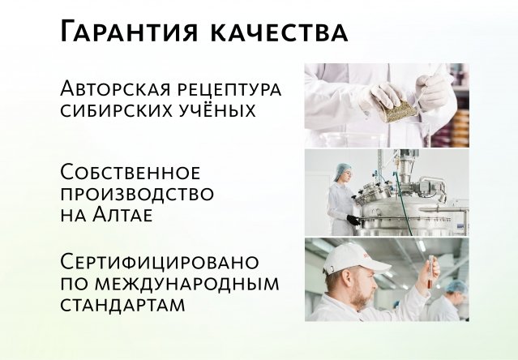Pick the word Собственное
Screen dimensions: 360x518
pyautogui.click(x=130, y=174)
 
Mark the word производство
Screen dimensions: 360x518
pyautogui.click(x=137, y=195)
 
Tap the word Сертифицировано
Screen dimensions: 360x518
pyautogui.click(x=160, y=263)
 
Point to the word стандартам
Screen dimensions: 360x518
pyautogui.click(x=122, y=305)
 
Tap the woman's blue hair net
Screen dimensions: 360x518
pyautogui.click(x=343, y=171)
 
